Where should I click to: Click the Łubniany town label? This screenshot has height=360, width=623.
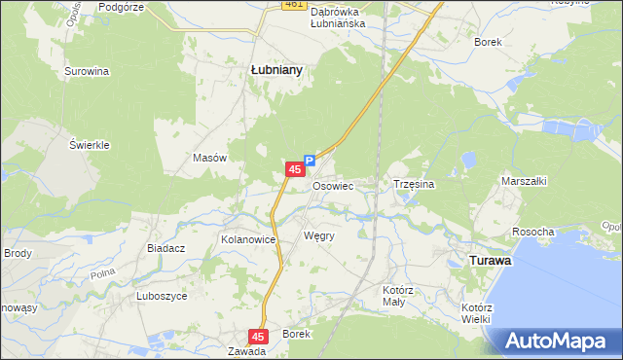click(x=276, y=70)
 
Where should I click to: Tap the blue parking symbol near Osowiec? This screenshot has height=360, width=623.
click(x=310, y=161)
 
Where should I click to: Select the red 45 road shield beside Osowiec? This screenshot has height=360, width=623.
click(x=294, y=169)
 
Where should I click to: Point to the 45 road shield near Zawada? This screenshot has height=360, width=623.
click(x=257, y=336)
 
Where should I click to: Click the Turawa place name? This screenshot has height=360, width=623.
click(x=492, y=261)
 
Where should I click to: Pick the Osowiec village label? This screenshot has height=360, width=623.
click(x=332, y=185)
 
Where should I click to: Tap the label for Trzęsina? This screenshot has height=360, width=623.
click(x=413, y=183)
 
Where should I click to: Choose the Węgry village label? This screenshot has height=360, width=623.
click(x=319, y=236)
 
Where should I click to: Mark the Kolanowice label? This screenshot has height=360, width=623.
click(x=250, y=238)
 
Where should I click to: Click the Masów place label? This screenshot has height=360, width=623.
click(x=210, y=158)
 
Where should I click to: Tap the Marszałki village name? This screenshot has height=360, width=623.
click(x=525, y=181)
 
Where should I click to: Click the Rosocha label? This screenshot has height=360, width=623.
click(x=533, y=232)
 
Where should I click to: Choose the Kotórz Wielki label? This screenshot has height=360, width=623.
click(x=476, y=312)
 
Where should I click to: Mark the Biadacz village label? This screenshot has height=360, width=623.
click(x=166, y=248)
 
